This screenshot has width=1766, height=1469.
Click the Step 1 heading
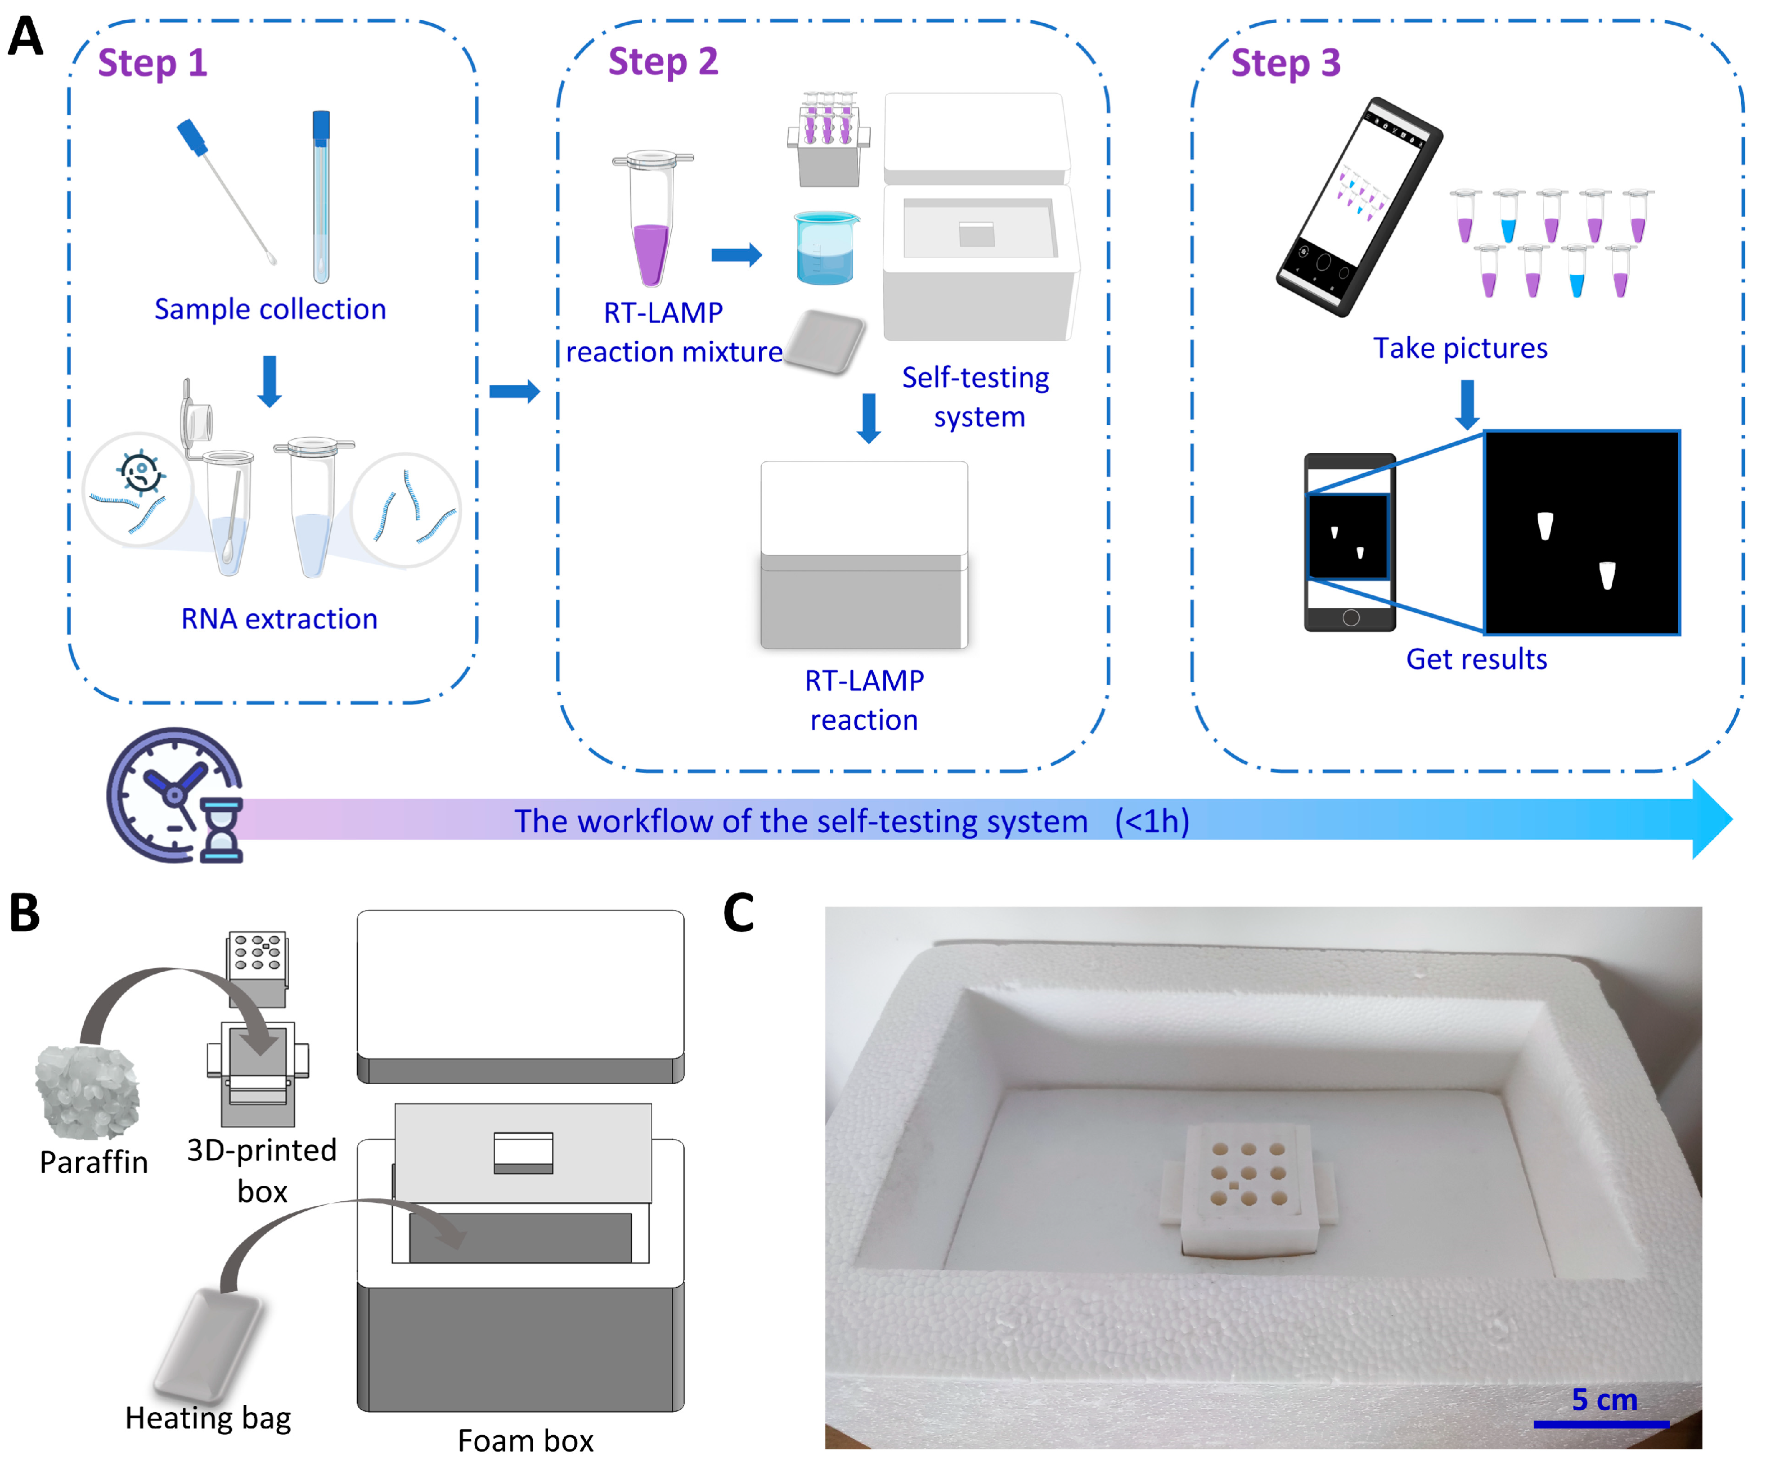[x=152, y=63]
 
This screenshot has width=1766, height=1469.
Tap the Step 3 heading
[x=1285, y=63]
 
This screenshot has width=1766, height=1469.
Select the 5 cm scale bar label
[x=1604, y=1399]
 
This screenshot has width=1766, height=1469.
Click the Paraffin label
[x=93, y=1162]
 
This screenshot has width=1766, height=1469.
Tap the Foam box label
[x=525, y=1440]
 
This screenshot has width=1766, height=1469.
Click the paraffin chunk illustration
[x=87, y=1090]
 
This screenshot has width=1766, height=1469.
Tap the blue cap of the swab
[x=192, y=137]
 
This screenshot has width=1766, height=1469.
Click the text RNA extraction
[x=279, y=619]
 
